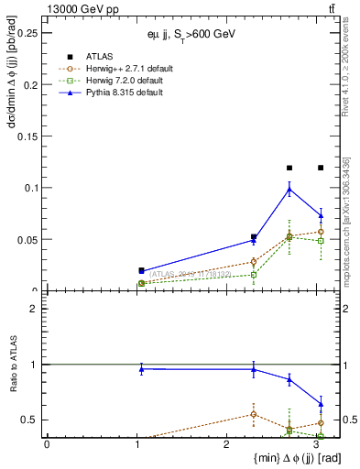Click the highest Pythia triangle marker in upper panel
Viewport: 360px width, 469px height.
point(289,189)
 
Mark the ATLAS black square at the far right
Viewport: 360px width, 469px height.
point(321,168)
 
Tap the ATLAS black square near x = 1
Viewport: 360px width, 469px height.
point(141,270)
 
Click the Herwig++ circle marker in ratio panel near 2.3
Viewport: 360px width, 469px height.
point(254,414)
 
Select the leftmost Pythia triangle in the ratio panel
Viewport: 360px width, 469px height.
point(141,368)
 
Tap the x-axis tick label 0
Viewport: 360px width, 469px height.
point(47,444)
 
